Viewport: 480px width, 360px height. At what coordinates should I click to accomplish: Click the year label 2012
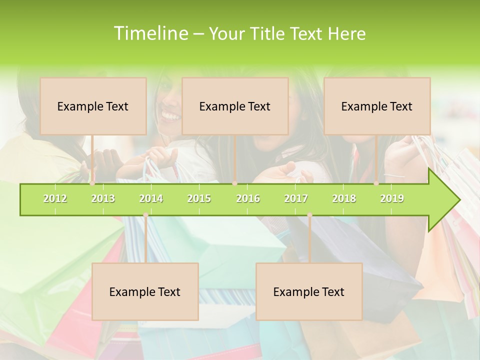pyautogui.click(x=55, y=198)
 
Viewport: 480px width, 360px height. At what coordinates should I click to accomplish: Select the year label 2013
pyautogui.click(x=103, y=198)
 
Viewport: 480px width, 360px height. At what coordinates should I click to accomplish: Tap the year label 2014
pyautogui.click(x=151, y=198)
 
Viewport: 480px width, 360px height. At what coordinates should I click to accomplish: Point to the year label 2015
pyautogui.click(x=199, y=198)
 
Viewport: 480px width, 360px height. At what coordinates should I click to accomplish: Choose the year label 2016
pyautogui.click(x=248, y=198)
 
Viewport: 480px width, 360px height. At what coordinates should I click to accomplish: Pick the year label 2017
pyautogui.click(x=296, y=198)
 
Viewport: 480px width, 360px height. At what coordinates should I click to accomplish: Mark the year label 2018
pyautogui.click(x=344, y=198)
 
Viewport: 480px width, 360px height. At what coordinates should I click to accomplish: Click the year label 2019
pyautogui.click(x=392, y=198)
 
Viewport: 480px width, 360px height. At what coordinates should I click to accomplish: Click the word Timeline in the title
pyautogui.click(x=150, y=33)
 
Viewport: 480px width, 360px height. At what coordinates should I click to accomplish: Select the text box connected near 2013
pyautogui.click(x=93, y=106)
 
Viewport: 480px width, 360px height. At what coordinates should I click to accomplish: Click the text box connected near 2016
pyautogui.click(x=235, y=106)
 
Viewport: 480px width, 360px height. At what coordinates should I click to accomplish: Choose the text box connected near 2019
pyautogui.click(x=377, y=106)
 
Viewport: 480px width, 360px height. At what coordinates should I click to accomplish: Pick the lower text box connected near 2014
pyautogui.click(x=145, y=291)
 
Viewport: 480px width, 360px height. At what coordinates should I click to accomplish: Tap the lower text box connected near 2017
pyautogui.click(x=309, y=291)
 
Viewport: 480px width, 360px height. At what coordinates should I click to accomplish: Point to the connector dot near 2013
pyautogui.click(x=92, y=183)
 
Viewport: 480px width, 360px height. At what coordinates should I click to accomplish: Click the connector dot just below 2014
pyautogui.click(x=145, y=215)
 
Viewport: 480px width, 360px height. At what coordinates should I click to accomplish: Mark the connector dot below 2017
pyautogui.click(x=309, y=215)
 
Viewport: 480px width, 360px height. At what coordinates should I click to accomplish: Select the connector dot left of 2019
pyautogui.click(x=376, y=183)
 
